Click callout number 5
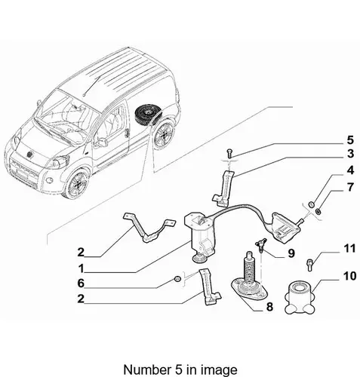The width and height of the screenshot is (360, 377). [350, 140]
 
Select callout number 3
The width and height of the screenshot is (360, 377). [350, 154]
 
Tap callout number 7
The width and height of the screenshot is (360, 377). [350, 187]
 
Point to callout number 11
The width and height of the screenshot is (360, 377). [349, 249]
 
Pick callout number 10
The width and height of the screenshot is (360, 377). [349, 276]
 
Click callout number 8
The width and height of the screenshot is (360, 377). [269, 307]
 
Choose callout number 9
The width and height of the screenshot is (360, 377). [291, 253]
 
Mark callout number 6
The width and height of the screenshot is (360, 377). [81, 284]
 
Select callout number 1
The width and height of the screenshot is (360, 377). [81, 268]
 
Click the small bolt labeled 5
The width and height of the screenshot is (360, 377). [230, 153]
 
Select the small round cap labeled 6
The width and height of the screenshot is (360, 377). [177, 278]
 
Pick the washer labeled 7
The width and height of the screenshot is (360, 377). [318, 211]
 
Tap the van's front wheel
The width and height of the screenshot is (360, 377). [76, 184]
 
